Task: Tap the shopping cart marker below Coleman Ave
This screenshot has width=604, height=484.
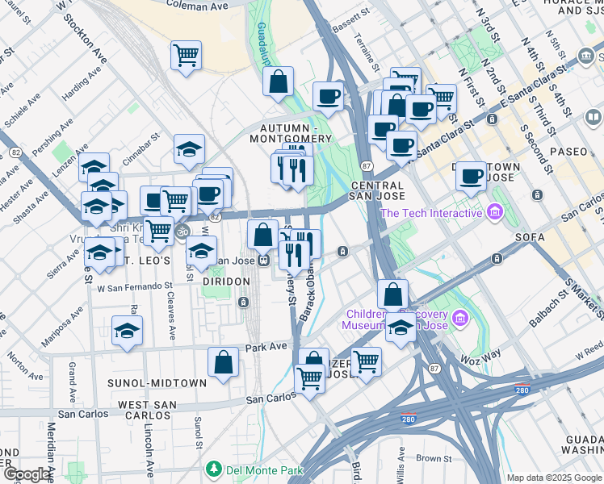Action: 186,56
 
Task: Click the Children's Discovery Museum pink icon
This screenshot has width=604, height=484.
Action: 460,319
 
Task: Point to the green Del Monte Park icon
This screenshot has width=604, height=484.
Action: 214,468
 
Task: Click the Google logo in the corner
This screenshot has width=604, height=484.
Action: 26,474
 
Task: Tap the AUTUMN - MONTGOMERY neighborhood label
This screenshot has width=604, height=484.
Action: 296,133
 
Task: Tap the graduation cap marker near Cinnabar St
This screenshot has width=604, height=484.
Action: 189,149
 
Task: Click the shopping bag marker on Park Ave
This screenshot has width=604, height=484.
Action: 223,362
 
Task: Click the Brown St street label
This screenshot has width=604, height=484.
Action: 434,458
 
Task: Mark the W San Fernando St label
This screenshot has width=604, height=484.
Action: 135,286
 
